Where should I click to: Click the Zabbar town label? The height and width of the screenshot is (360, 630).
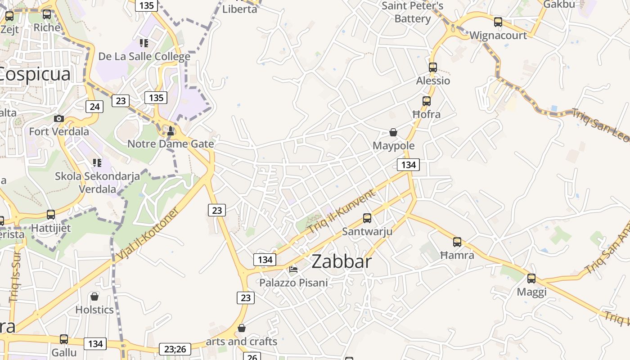click(x=342, y=261)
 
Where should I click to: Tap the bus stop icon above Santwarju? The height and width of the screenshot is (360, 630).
click(x=367, y=218)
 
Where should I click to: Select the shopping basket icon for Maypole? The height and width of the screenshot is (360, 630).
click(x=393, y=132)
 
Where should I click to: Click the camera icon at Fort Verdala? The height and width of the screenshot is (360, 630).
click(x=58, y=119)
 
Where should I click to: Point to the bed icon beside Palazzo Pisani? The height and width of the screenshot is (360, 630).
click(x=293, y=270)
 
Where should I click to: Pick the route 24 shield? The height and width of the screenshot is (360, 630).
click(x=94, y=107)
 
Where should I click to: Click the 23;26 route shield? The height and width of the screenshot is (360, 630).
click(x=175, y=349)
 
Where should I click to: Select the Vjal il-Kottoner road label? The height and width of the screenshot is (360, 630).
click(x=148, y=234)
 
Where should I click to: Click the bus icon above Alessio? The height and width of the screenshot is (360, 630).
click(x=433, y=67)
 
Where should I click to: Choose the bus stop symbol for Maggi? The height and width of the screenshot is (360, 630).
click(x=531, y=279)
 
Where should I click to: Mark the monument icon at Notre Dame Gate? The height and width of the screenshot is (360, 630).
click(x=171, y=131)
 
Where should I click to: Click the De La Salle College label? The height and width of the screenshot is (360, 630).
click(x=144, y=57)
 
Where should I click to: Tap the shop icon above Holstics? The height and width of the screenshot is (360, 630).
click(x=94, y=297)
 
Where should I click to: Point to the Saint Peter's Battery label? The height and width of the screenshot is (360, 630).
click(x=413, y=12)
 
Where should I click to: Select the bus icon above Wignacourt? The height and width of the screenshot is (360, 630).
click(x=498, y=22)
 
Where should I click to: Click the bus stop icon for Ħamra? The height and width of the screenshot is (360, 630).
click(x=457, y=242)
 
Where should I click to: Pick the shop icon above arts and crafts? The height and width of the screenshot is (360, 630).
click(x=242, y=328)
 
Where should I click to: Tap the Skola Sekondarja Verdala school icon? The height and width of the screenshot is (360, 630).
click(x=97, y=162)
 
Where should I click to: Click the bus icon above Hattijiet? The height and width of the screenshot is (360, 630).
click(x=51, y=215)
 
